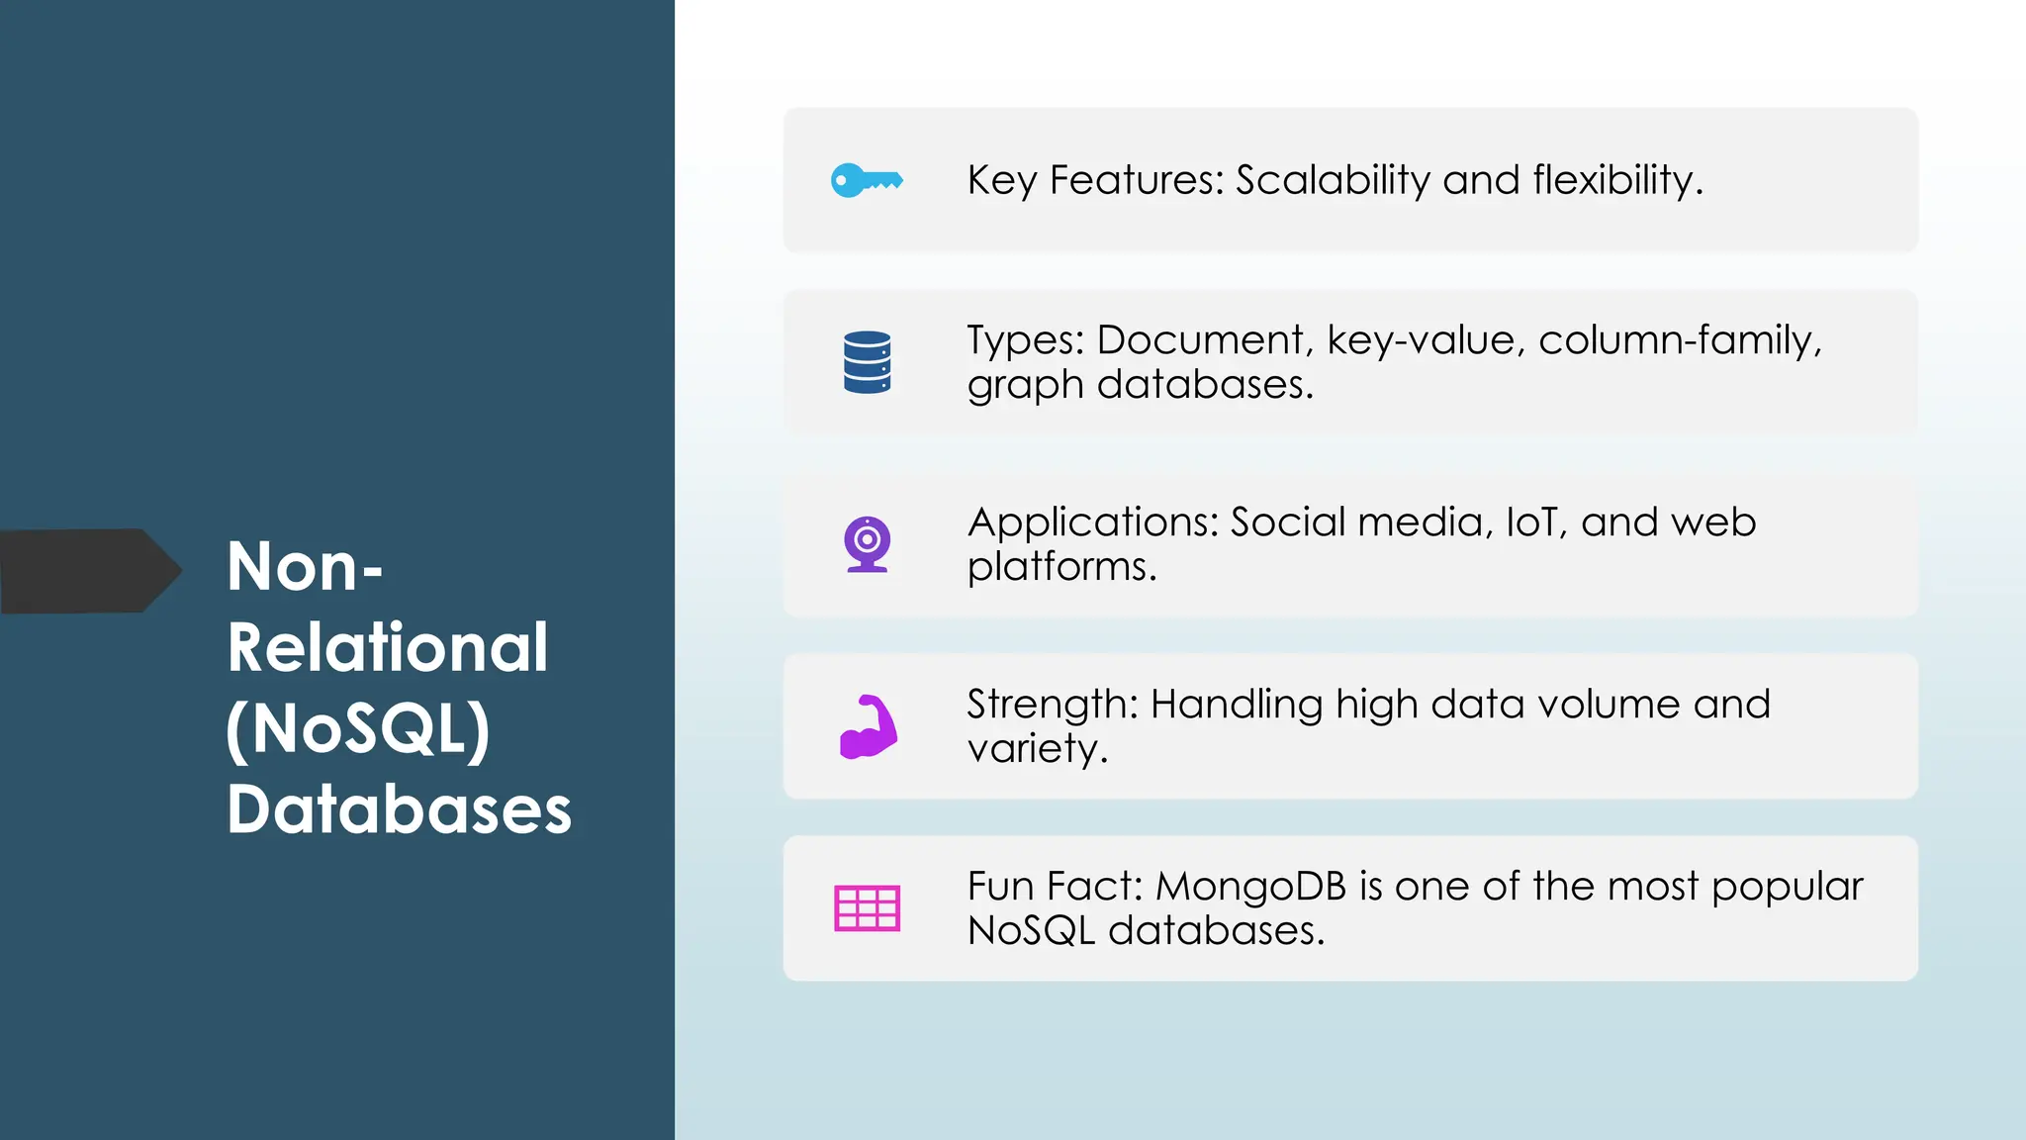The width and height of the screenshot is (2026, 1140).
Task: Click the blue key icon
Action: pos(867,181)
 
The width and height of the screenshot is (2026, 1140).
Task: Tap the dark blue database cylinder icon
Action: pos(867,362)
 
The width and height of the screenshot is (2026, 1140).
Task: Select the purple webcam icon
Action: pos(867,544)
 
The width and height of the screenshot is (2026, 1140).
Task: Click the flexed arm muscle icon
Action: pos(868,727)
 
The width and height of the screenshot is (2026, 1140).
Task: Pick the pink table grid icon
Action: pos(867,908)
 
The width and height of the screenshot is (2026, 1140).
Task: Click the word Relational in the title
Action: pos(387,648)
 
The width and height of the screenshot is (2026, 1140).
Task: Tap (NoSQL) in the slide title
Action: pos(358,730)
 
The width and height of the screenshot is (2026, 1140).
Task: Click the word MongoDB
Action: pos(1250,887)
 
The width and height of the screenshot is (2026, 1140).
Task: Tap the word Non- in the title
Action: pos(304,567)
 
